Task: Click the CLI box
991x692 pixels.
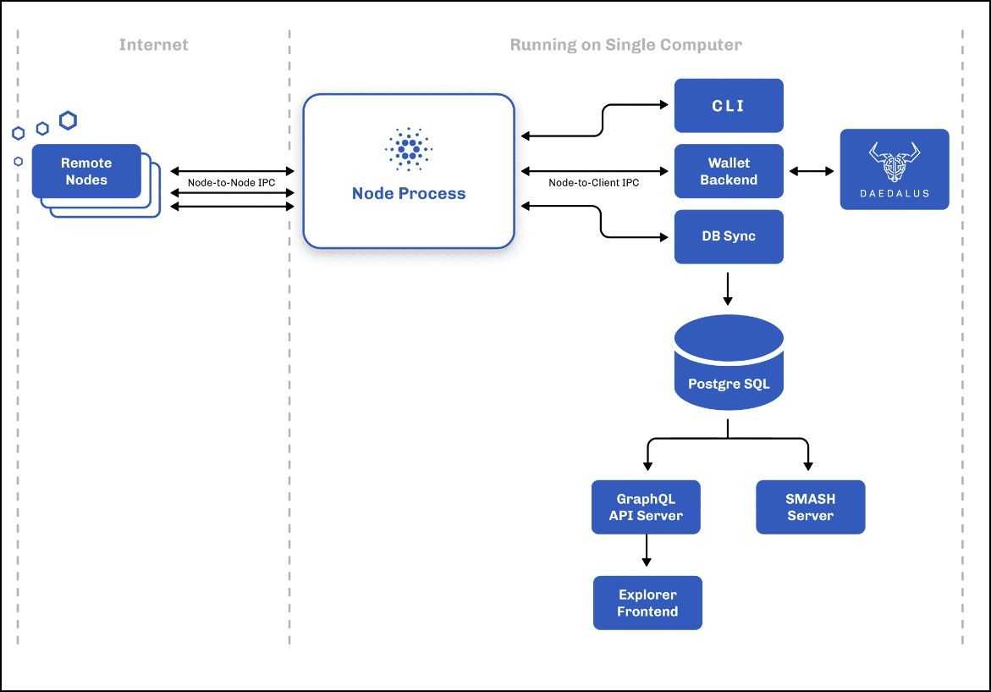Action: click(x=729, y=106)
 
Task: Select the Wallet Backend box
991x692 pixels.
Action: click(x=729, y=171)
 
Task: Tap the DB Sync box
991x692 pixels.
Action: click(x=729, y=236)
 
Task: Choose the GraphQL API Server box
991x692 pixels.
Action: click(x=646, y=507)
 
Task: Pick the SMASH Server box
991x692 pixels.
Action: click(x=810, y=507)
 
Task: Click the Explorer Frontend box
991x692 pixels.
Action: click(x=647, y=602)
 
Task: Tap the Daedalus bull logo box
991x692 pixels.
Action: click(x=895, y=169)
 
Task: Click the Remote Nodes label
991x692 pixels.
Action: click(x=86, y=171)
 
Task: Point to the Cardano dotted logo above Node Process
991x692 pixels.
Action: click(x=408, y=148)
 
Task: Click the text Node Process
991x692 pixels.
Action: click(x=408, y=193)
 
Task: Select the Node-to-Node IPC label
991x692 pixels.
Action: click(x=231, y=182)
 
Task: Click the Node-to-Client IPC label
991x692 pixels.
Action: click(x=593, y=182)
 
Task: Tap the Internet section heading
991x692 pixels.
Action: click(x=153, y=45)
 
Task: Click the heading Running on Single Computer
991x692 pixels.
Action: click(x=625, y=45)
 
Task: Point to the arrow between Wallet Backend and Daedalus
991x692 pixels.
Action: click(x=811, y=171)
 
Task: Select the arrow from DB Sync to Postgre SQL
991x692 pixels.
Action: click(x=728, y=289)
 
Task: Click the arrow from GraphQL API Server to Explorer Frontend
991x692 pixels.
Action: click(x=647, y=551)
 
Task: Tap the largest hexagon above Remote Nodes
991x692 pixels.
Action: click(x=68, y=120)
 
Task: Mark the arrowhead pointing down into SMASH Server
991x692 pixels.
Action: click(x=808, y=465)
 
